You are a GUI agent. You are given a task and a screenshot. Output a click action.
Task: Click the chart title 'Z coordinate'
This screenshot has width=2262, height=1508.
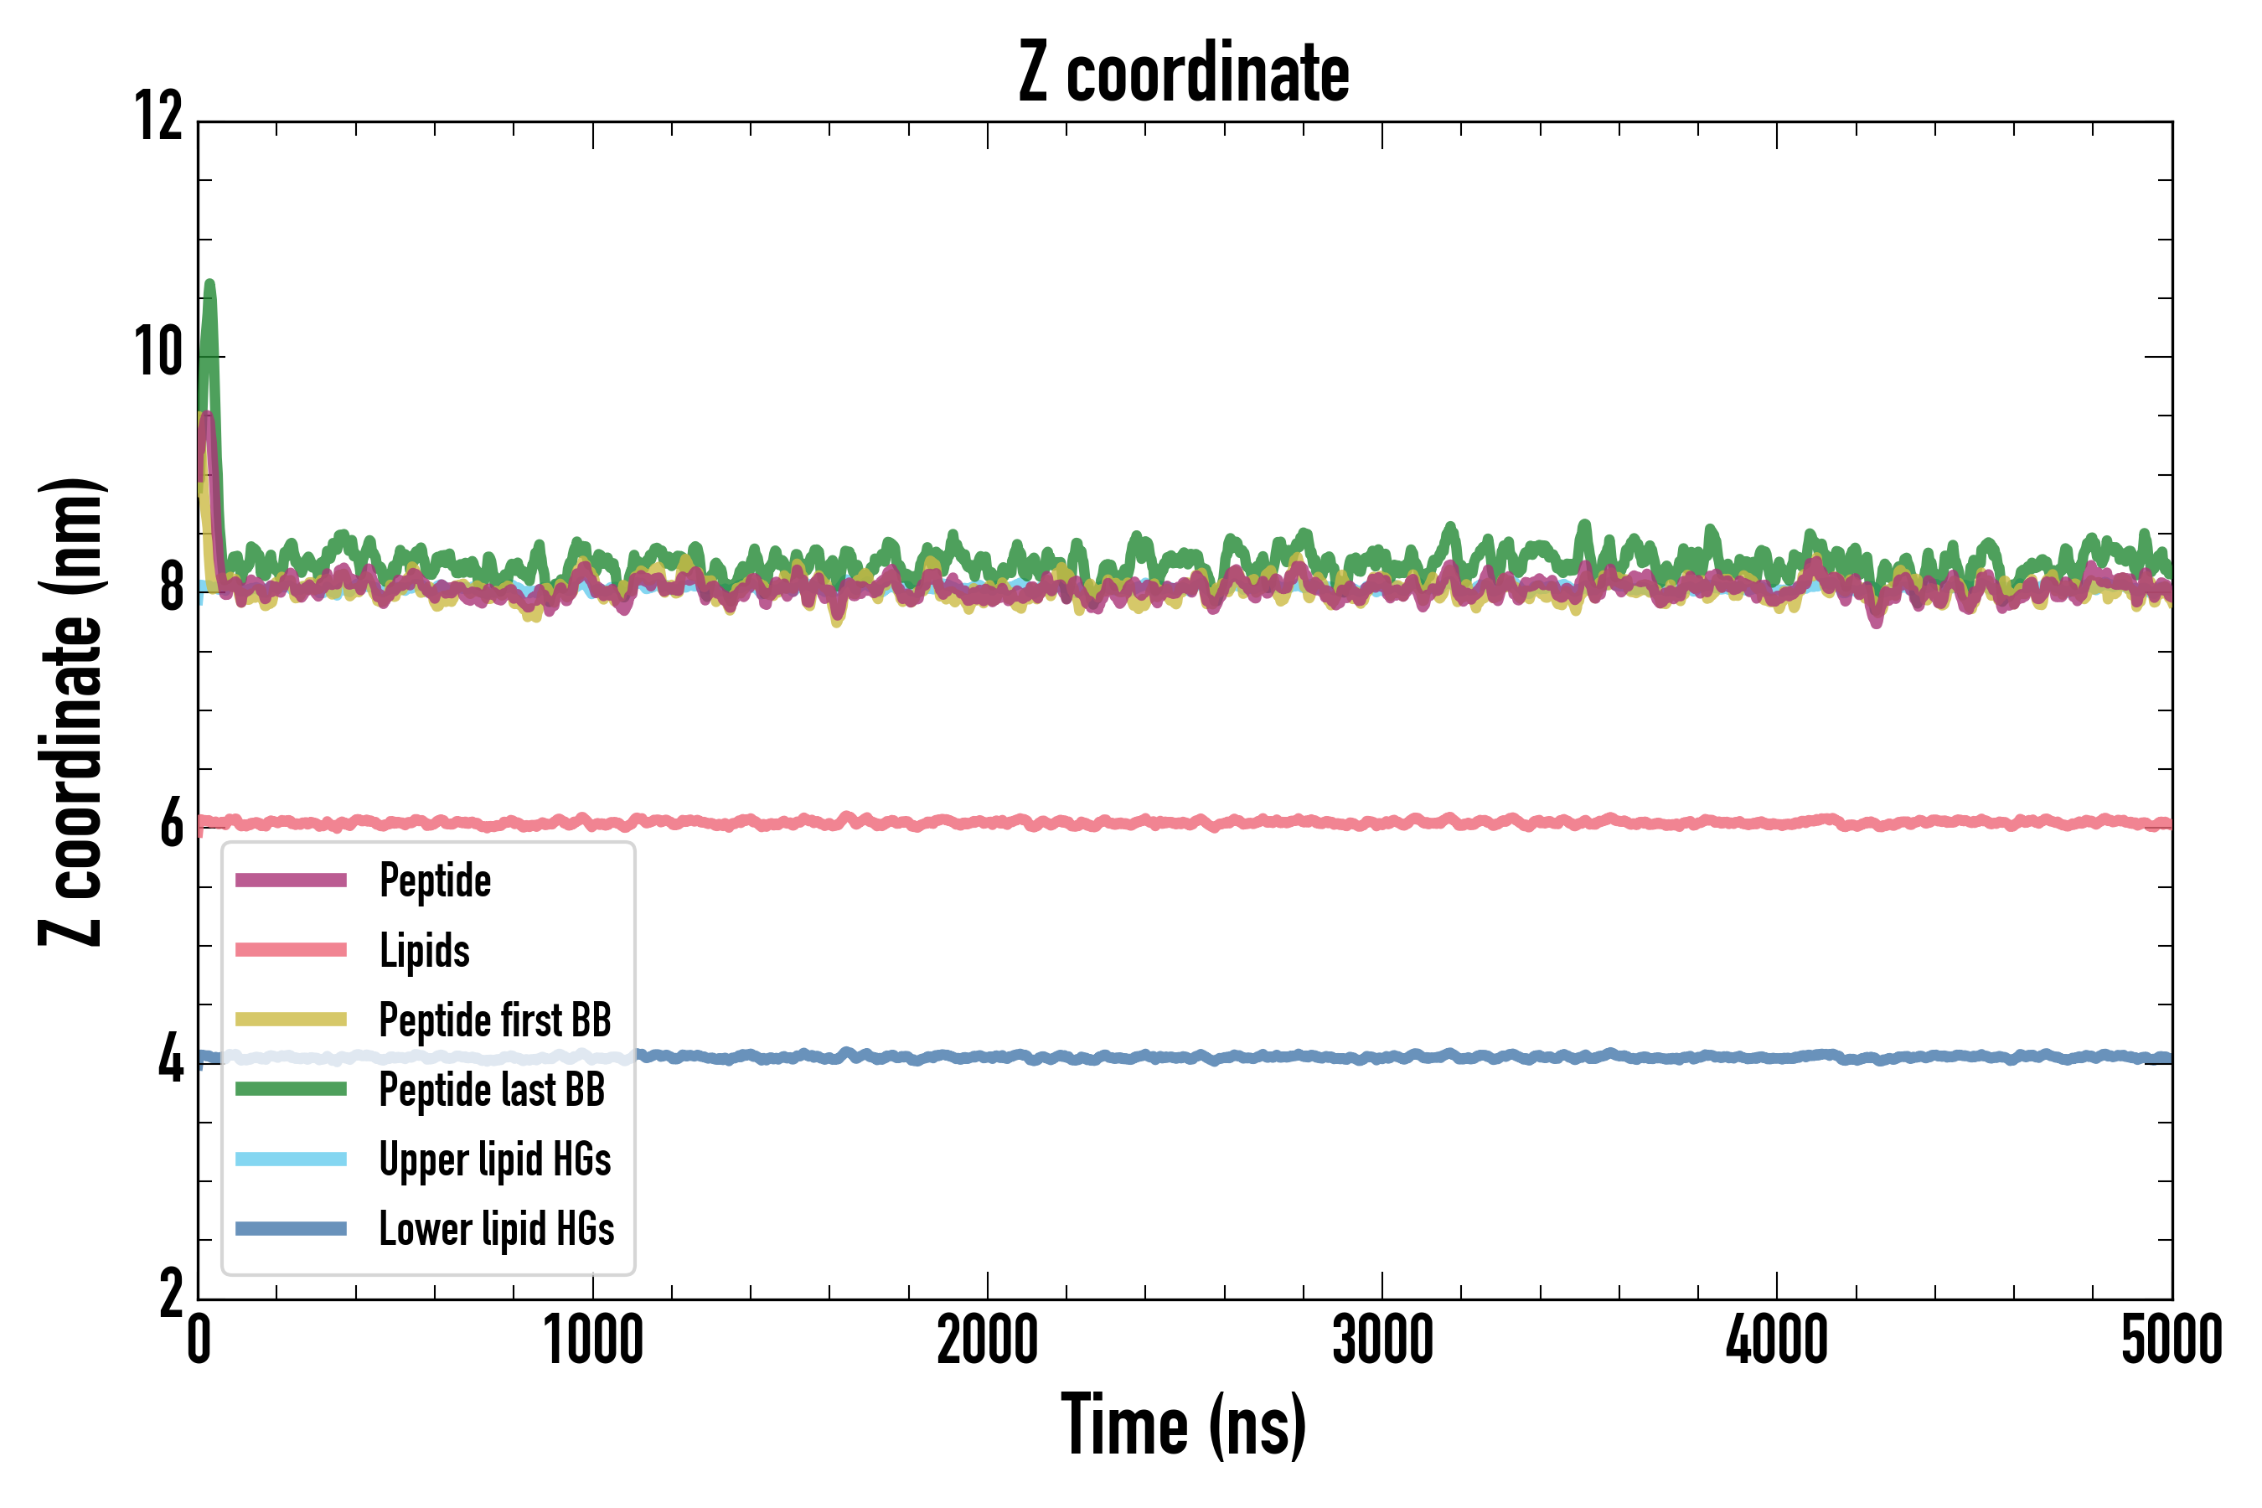click(1184, 72)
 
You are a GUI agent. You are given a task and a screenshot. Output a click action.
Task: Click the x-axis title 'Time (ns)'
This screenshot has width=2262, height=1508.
click(1184, 1425)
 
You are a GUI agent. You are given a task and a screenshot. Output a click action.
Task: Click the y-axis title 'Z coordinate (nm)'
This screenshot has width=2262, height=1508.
click(72, 711)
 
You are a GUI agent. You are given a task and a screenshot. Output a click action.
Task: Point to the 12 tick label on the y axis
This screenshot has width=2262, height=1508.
click(158, 117)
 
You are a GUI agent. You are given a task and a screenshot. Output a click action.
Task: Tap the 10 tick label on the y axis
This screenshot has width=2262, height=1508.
click(158, 352)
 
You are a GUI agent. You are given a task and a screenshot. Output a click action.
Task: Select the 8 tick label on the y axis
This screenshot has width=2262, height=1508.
click(171, 587)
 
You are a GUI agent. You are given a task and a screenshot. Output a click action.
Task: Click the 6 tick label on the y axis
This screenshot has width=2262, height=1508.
click(171, 824)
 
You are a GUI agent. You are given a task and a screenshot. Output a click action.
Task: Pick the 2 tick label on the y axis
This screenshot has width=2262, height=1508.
click(171, 1294)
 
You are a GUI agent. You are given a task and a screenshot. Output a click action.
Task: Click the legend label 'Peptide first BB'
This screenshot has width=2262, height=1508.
click(494, 1020)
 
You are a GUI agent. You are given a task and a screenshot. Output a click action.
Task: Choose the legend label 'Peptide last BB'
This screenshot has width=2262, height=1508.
click(492, 1090)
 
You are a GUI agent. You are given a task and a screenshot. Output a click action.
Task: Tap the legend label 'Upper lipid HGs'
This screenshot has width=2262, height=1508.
click(494, 1159)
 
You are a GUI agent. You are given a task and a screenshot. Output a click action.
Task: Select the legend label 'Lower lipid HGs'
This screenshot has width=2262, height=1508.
click(496, 1229)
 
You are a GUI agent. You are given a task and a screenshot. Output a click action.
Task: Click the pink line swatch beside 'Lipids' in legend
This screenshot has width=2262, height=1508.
click(291, 950)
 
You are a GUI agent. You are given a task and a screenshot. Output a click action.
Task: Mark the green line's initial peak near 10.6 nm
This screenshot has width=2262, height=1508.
click(209, 285)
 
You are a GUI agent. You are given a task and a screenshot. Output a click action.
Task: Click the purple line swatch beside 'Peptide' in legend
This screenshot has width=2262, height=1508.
click(291, 880)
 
